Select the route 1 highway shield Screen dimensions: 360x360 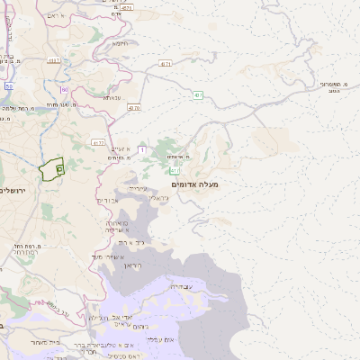[142, 137]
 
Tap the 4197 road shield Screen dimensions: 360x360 [55, 61]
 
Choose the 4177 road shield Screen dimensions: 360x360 [98, 141]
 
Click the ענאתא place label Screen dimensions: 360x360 [112, 97]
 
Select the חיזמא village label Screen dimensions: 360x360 [119, 42]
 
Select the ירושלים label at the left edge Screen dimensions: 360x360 [13, 190]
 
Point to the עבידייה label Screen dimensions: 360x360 [180, 286]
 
